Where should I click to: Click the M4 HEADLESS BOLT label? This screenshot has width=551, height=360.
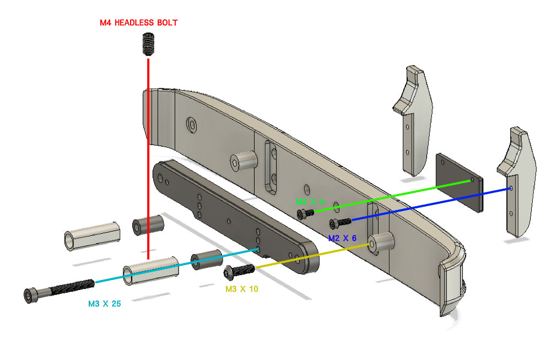tap(138, 23)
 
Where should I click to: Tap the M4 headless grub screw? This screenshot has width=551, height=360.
tap(147, 44)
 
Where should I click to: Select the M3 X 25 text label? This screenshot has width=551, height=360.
tap(105, 303)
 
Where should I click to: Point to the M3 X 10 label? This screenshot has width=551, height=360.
tap(241, 288)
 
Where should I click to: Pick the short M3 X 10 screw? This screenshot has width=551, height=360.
tap(237, 271)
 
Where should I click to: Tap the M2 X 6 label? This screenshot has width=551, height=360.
tap(342, 238)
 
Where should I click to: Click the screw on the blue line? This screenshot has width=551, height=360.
tap(339, 223)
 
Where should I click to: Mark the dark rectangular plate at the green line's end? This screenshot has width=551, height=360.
tap(460, 181)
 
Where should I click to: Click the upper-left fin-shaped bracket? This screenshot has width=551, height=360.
tap(414, 121)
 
